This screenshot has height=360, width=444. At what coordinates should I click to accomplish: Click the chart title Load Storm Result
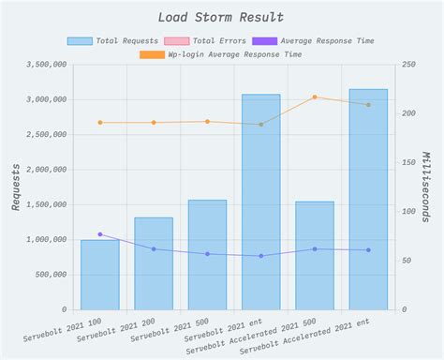click(221, 17)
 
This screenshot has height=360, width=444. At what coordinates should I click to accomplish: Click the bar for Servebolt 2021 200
click(154, 263)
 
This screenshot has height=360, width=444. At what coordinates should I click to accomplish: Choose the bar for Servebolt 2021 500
click(207, 254)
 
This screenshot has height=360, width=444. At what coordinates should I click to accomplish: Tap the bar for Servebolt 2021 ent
click(260, 202)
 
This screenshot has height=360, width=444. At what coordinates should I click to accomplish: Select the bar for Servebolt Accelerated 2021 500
click(315, 255)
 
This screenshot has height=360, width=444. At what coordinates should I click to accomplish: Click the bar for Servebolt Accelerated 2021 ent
click(368, 199)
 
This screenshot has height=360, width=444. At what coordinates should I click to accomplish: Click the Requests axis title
click(15, 187)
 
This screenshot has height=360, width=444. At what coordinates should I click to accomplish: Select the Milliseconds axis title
click(427, 187)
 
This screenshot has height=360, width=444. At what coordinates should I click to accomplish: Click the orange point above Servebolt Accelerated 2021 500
click(315, 97)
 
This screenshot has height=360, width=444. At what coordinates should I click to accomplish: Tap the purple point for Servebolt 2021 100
click(99, 234)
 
